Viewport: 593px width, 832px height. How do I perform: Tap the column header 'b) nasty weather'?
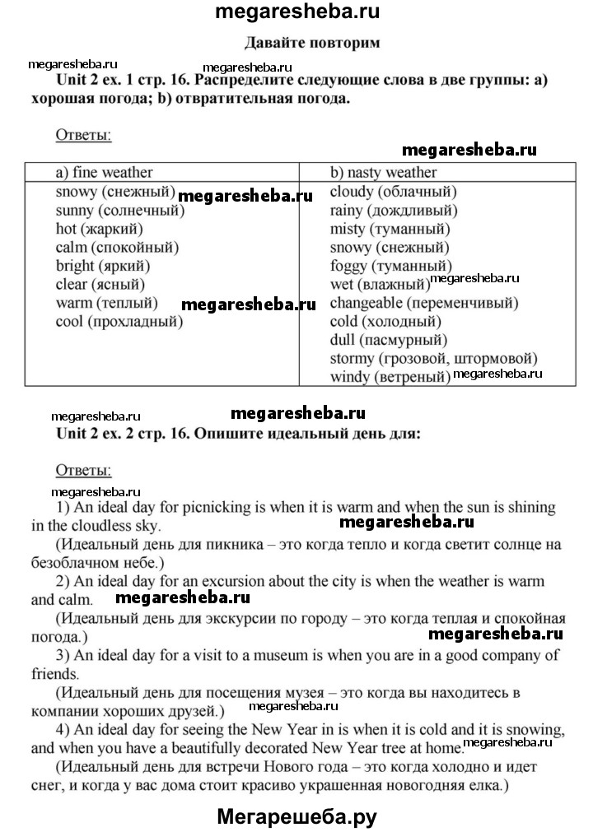(x=383, y=172)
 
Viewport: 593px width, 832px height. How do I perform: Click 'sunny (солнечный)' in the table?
(x=119, y=211)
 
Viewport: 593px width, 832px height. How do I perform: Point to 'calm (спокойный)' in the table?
(x=117, y=247)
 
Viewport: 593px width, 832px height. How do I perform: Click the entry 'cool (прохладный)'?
(x=119, y=321)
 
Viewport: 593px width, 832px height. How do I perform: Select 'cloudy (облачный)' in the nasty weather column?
(x=393, y=192)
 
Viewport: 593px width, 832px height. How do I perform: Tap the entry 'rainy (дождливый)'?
(x=395, y=211)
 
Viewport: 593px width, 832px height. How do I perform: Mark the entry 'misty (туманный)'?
(x=389, y=229)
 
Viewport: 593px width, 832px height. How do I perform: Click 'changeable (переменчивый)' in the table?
(x=423, y=303)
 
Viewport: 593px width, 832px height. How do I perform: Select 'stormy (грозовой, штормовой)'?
(x=433, y=358)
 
